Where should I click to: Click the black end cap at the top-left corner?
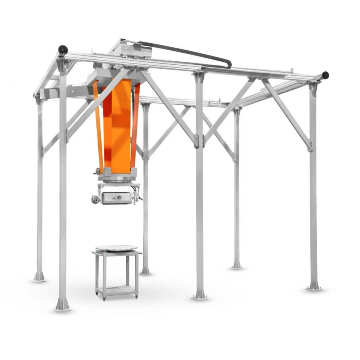coord(63,50)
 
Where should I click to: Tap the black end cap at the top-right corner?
coord(325,75)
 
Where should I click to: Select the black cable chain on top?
coord(188,52)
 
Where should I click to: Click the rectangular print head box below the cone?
coord(116,198)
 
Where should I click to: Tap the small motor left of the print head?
coord(96,199)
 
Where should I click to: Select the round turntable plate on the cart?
coord(116,248)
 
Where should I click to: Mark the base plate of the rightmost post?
coord(314,287)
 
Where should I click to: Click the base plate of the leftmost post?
coord(39,277)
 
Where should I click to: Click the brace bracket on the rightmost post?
coord(310,144)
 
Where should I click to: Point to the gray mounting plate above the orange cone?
coord(116,74)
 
